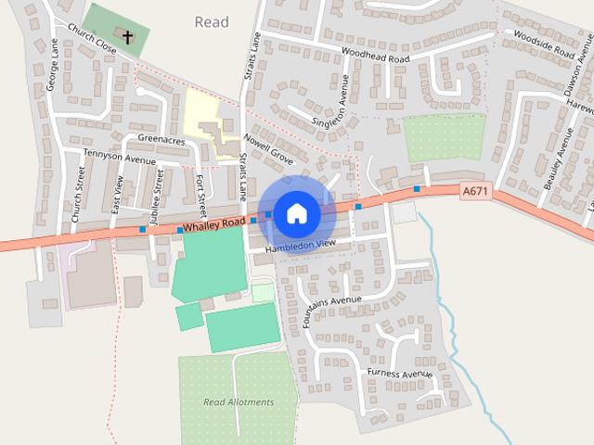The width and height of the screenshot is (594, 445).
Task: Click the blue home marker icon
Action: pyautogui.click(x=296, y=213)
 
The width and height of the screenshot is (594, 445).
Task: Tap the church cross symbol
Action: pyautogui.click(x=127, y=38)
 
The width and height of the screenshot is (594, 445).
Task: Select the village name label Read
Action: pyautogui.click(x=212, y=21)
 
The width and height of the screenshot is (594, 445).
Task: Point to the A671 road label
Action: pyautogui.click(x=474, y=191)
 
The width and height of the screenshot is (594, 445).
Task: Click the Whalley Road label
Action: pyautogui.click(x=213, y=224)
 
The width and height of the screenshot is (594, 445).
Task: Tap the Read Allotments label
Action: pyautogui.click(x=239, y=402)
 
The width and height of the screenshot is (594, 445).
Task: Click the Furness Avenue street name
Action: pyautogui.click(x=400, y=374)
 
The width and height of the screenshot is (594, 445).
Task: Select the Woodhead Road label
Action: pyautogui.click(x=375, y=56)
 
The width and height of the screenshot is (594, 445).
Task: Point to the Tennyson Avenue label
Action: pyautogui.click(x=120, y=158)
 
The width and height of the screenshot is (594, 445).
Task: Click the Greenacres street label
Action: pyautogui.click(x=161, y=141)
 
